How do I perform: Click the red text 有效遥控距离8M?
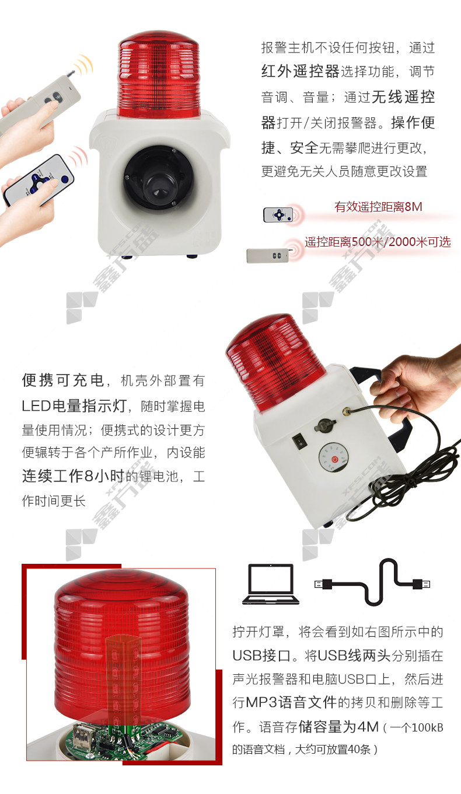(378, 207)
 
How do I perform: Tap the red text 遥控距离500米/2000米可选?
(378, 242)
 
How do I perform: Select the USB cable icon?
(372, 583)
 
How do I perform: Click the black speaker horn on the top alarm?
(159, 178)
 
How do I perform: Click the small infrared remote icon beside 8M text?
(278, 215)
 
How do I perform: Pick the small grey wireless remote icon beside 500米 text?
(267, 255)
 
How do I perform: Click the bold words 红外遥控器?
(301, 72)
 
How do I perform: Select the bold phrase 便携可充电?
(62, 380)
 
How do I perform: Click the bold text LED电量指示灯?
(74, 406)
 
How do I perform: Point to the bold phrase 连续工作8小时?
(74, 476)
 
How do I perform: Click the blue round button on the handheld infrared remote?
(65, 180)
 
